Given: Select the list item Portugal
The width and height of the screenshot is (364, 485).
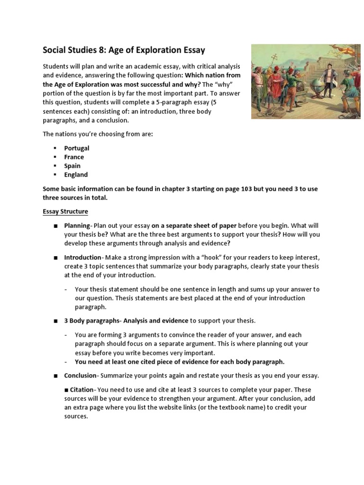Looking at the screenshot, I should click(x=77, y=148).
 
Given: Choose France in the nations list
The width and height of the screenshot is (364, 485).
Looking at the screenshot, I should click(x=74, y=157).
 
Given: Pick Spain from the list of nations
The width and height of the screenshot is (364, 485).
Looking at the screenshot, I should click(x=73, y=166).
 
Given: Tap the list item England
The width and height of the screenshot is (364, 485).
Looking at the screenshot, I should click(x=76, y=175).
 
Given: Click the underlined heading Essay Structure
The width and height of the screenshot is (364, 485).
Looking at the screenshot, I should click(x=65, y=211).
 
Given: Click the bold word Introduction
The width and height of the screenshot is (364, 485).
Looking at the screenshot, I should click(x=82, y=257).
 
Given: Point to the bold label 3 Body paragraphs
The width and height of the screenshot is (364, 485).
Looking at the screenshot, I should click(x=91, y=321).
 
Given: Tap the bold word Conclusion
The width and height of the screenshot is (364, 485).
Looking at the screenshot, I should click(x=80, y=376).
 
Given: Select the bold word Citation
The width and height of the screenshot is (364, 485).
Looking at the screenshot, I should click(x=82, y=389).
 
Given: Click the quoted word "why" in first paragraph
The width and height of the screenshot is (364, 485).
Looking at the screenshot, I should click(x=232, y=84).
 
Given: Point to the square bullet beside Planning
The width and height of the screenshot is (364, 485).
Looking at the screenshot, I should click(x=55, y=225).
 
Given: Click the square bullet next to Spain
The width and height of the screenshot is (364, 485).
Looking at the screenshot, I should click(x=55, y=166).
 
